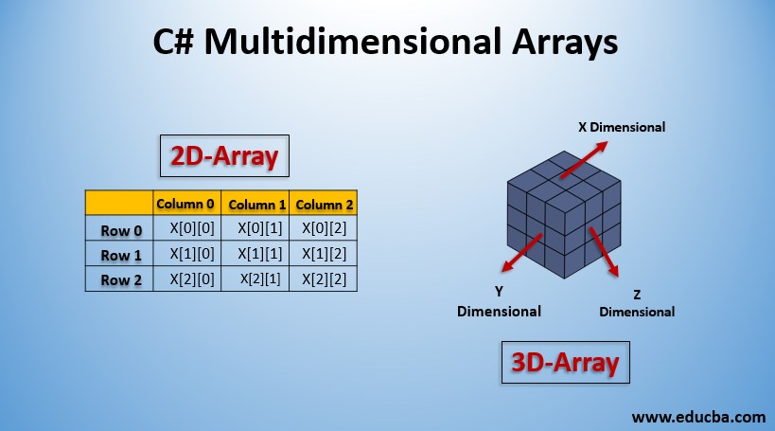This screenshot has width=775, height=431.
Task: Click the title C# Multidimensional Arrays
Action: tap(386, 42)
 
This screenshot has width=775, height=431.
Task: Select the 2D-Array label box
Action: tap(222, 157)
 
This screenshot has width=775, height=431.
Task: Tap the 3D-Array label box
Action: tap(565, 362)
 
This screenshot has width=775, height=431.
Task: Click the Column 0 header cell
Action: tap(186, 204)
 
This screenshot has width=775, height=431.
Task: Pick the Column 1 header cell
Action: tap(256, 204)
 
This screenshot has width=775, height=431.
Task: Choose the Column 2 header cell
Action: tap(324, 204)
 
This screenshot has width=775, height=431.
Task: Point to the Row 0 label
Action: tap(120, 229)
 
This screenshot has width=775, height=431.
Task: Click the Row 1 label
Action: tap(120, 255)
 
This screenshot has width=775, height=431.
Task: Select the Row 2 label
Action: tap(120, 279)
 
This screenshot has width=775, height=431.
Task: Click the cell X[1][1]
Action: tap(256, 254)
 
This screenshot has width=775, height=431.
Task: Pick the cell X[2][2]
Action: tap(323, 278)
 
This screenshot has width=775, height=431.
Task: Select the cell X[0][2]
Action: tap(323, 228)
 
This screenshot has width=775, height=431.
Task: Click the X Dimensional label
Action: tap(622, 126)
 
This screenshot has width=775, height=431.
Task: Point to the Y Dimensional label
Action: tap(499, 302)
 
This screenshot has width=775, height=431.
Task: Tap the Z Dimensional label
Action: tap(637, 302)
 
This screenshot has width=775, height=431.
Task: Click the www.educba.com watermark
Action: tap(698, 415)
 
